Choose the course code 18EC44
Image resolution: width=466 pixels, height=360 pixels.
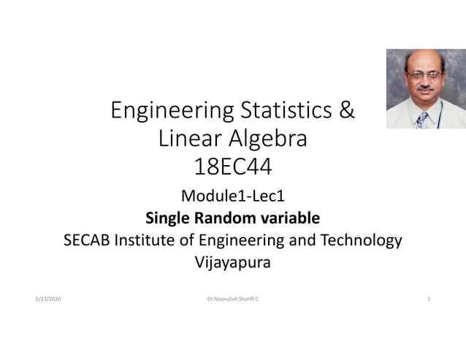(x=233, y=167)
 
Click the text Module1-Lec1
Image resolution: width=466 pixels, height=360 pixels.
(x=232, y=196)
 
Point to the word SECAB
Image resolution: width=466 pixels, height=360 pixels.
(x=89, y=240)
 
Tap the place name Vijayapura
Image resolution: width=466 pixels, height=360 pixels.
(x=232, y=263)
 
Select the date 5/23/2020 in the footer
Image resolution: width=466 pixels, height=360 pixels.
(x=48, y=300)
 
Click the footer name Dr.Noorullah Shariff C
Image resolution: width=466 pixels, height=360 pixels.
(x=232, y=300)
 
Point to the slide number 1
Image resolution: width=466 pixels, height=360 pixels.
(x=429, y=300)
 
